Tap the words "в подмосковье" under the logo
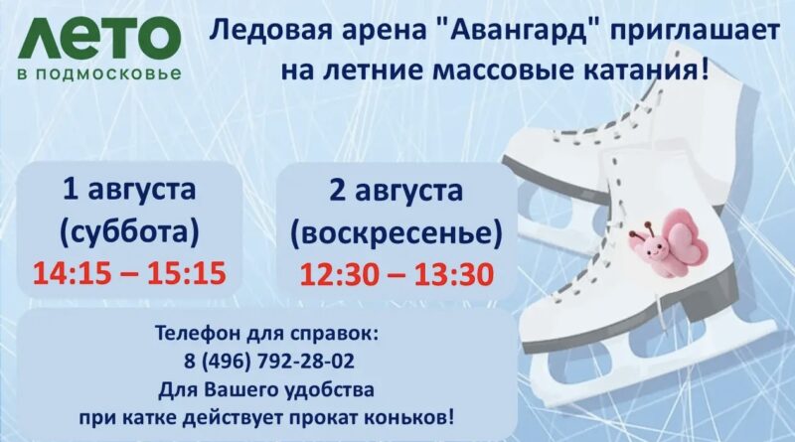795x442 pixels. point(99,74)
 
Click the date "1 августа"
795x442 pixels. point(129,190)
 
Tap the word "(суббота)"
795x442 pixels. point(129,232)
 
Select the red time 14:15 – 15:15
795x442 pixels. point(129,273)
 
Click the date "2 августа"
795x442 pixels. point(396,191)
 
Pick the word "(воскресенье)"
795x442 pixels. point(396,233)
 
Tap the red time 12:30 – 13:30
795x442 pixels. point(397,274)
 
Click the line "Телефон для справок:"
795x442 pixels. point(266,335)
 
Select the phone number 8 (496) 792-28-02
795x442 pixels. point(269,362)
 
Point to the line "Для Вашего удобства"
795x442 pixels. point(266,390)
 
